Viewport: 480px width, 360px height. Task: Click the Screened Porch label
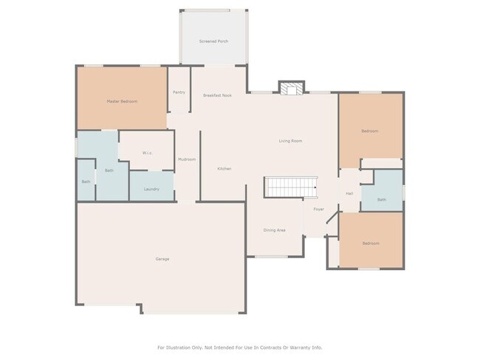pos(213,41)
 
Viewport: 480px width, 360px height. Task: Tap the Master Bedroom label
pos(122,101)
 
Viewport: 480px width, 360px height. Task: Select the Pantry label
pos(179,92)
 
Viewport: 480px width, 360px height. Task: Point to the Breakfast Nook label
pos(217,95)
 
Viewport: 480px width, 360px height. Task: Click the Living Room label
pos(290,141)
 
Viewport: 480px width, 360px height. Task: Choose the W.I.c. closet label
pos(147,153)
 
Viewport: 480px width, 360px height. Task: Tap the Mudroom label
pos(187,159)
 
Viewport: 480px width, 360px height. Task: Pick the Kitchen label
pos(224,169)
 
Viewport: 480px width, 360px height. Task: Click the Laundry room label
pos(151,190)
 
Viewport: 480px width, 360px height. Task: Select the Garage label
pos(162,259)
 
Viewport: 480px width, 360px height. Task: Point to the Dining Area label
pos(275,230)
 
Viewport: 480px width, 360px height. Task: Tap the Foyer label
pos(318,210)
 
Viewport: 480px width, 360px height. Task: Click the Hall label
pos(349,194)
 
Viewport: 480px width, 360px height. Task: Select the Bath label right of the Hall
pos(382,199)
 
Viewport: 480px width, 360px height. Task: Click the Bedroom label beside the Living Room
pos(370,131)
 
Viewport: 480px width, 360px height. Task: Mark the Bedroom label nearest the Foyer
pos(370,243)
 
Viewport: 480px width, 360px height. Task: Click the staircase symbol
pos(291,187)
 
